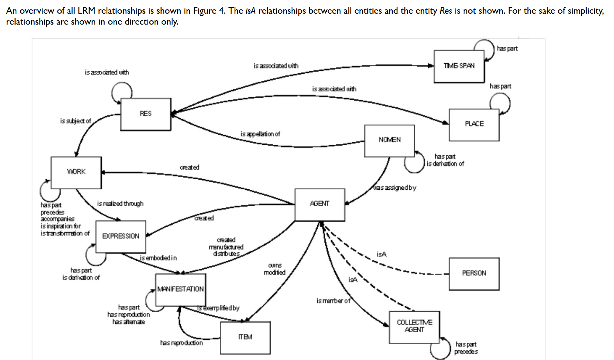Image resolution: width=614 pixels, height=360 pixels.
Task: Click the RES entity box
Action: [146, 114]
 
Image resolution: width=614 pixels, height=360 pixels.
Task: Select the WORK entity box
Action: [76, 172]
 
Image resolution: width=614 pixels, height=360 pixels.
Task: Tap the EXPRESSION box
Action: [121, 236]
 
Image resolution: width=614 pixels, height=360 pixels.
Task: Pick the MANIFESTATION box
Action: [180, 289]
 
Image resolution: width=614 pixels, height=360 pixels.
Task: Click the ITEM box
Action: [245, 337]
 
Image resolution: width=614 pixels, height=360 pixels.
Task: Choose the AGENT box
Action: [320, 204]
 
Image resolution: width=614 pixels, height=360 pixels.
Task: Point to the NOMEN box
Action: [389, 140]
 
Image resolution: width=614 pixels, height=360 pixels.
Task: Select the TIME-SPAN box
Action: [459, 66]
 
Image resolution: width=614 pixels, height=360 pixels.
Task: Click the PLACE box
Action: [474, 124]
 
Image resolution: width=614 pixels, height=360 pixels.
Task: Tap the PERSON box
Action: [474, 273]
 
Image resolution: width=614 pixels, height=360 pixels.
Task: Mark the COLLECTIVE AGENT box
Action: [414, 326]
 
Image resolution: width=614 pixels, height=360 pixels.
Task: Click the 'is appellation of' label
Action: [260, 134]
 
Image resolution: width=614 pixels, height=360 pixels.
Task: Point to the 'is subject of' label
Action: [75, 121]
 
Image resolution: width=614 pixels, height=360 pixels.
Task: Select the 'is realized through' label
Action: [120, 204]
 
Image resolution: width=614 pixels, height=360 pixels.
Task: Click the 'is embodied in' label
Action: [158, 258]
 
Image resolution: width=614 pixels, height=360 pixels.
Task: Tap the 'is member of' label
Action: [333, 301]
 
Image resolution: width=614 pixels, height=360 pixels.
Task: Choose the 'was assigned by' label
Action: [395, 188]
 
